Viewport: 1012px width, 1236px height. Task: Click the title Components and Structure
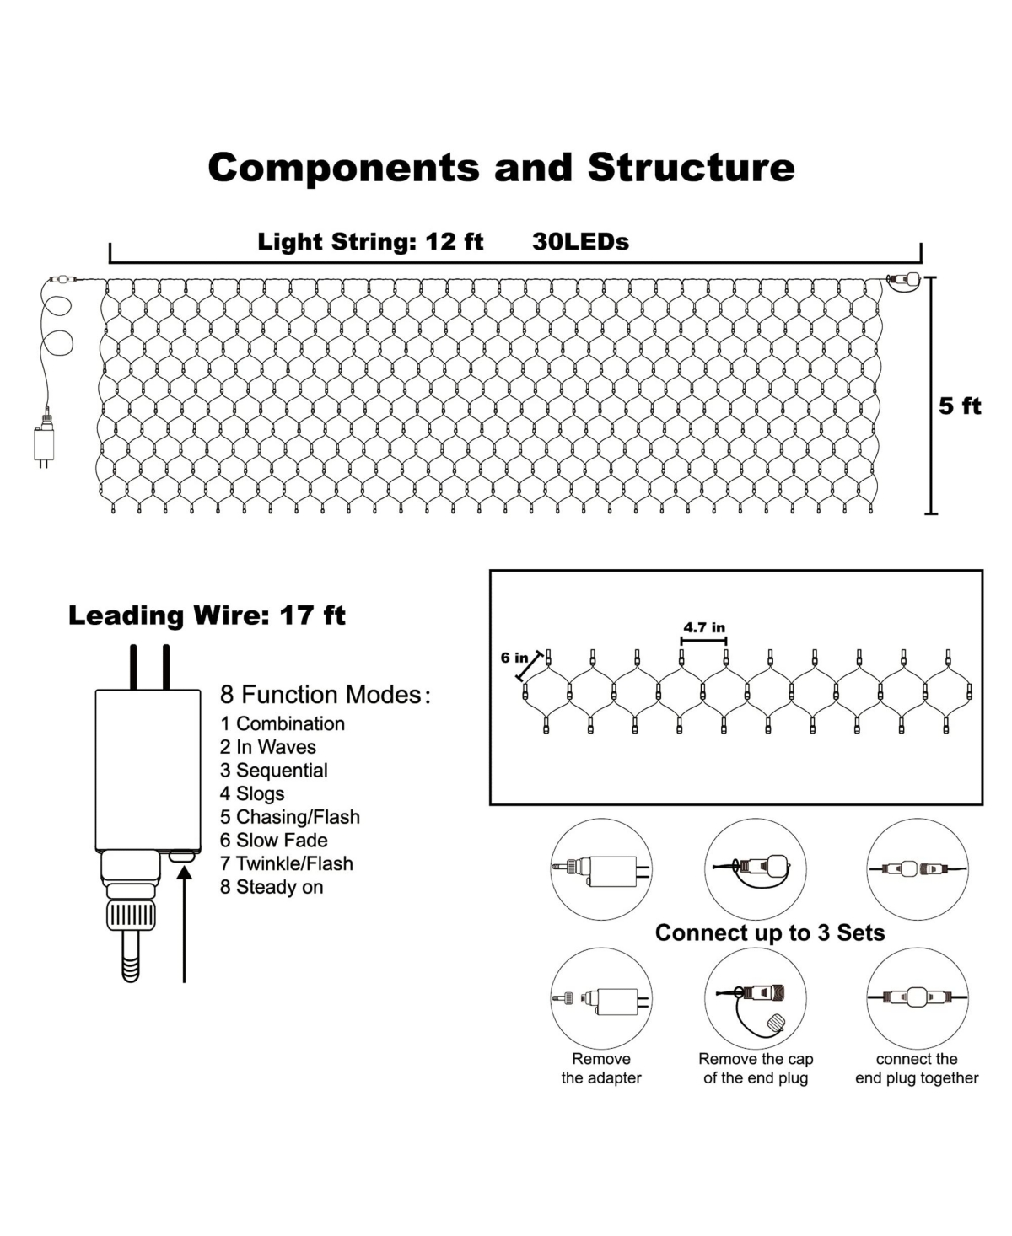click(x=501, y=167)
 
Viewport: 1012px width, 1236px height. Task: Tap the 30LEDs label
click(x=580, y=242)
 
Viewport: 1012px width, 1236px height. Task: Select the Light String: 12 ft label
click(x=370, y=242)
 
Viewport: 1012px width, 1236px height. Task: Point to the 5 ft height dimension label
click(x=960, y=406)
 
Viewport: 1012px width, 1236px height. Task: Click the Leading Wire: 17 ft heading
click(x=207, y=615)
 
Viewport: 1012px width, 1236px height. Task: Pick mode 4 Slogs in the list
click(x=252, y=793)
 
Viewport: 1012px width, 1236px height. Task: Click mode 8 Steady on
click(x=272, y=887)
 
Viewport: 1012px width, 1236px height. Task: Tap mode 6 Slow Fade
click(x=273, y=840)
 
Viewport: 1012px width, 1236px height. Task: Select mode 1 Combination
click(x=283, y=723)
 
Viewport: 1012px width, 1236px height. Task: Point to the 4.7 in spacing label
click(x=703, y=627)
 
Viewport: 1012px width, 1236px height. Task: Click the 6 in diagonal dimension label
click(x=514, y=658)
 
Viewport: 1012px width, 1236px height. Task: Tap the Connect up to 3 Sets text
click(x=769, y=932)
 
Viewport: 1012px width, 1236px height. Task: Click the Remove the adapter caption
click(x=601, y=1068)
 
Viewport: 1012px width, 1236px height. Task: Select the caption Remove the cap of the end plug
click(x=756, y=1068)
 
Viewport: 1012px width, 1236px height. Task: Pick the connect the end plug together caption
click(x=917, y=1068)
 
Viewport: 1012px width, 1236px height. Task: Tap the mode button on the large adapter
click(x=182, y=856)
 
